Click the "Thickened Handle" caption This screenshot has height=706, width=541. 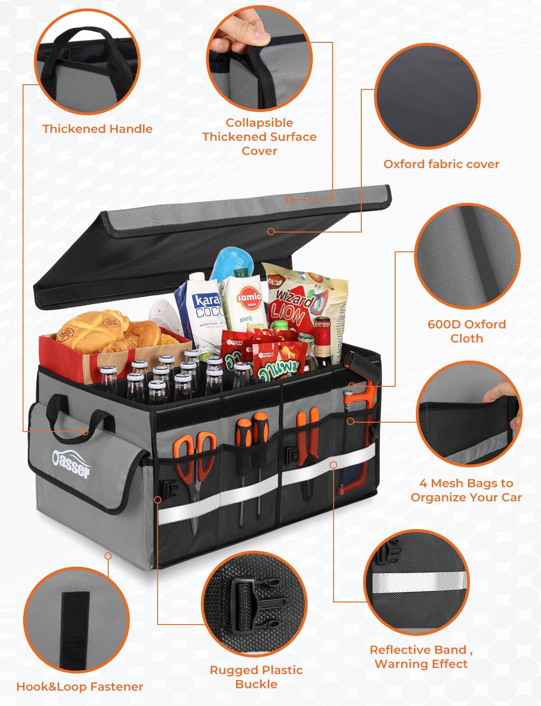[97, 129]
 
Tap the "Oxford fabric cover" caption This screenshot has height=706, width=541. [441, 164]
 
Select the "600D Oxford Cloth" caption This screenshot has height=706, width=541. [466, 331]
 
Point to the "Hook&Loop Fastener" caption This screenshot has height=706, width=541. [80, 687]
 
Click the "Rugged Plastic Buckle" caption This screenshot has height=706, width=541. [256, 677]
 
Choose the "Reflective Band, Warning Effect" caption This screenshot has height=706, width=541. [421, 657]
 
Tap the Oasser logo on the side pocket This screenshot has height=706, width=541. [71, 463]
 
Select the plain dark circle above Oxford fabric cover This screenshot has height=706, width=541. [427, 96]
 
